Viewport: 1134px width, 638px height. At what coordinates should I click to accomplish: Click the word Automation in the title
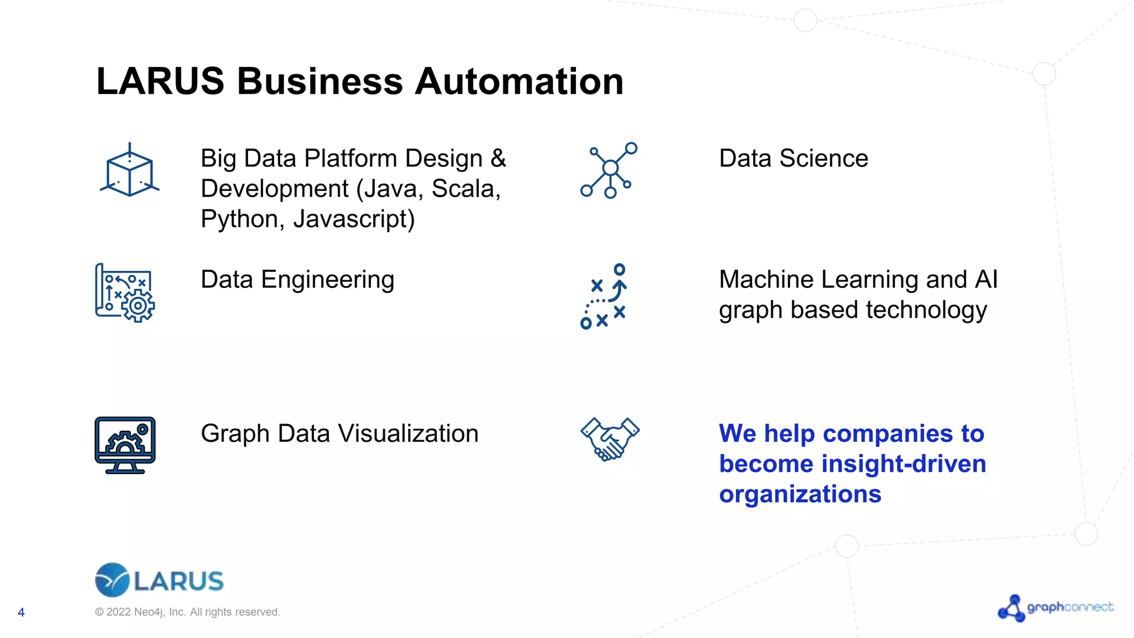coord(519,81)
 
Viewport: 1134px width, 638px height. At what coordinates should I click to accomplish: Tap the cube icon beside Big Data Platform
coord(130,171)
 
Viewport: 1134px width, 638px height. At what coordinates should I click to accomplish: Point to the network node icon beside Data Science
coord(609,170)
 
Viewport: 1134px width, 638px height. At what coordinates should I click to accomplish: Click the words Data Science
coord(793,158)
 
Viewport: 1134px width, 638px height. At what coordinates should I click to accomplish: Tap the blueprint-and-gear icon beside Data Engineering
coord(125,293)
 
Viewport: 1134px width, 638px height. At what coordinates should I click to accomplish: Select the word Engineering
coord(327,280)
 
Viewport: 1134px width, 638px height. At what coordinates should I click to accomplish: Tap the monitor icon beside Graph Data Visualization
coord(125,445)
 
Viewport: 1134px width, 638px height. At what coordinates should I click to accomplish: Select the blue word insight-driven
coord(904,464)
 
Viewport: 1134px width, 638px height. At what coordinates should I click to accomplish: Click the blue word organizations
coord(800,494)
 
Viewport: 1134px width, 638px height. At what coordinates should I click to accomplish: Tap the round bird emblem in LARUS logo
coord(112,580)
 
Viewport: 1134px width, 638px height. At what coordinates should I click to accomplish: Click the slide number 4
coord(21,613)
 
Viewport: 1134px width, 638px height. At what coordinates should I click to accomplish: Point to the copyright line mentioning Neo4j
coord(188,612)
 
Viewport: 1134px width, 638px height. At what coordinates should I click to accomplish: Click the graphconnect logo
coord(1055,608)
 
